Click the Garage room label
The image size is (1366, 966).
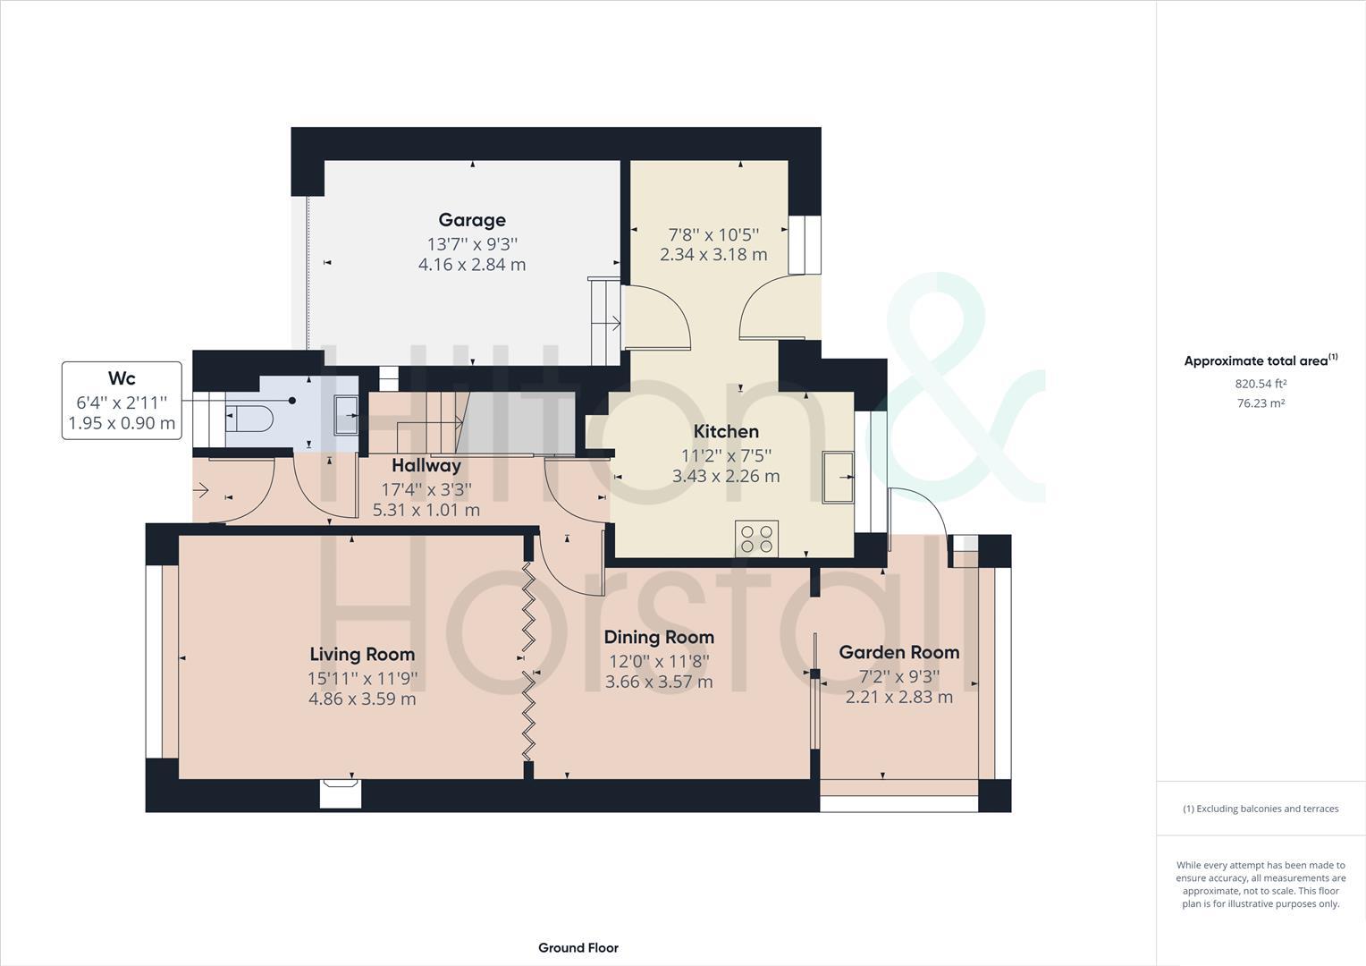pos(471,220)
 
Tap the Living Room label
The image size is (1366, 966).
pos(362,654)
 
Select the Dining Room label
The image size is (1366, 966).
pos(659,637)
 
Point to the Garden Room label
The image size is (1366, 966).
pos(898,652)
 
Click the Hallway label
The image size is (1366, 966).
pos(426,465)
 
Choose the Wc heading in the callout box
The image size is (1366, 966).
pos(122,378)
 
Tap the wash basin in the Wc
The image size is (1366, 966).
pos(346,415)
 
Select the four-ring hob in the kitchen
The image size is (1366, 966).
pos(756,538)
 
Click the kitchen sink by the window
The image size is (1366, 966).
pos(838,478)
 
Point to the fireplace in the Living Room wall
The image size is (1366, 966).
pos(341,792)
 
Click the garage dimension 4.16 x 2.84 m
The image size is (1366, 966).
pos(471,265)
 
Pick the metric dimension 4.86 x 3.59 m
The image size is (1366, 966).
pos(362,699)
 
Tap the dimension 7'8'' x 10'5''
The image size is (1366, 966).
pos(713,234)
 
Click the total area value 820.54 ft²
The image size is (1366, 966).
pos(1261,384)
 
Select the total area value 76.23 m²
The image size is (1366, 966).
pos(1261,403)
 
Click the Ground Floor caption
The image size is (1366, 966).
pos(578,948)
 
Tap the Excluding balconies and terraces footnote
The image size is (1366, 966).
pos(1261,809)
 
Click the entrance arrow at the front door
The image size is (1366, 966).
pos(201,490)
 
